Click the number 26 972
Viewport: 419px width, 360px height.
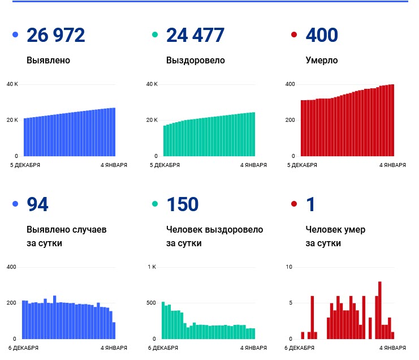(x=55, y=36)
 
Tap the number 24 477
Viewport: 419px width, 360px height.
(x=195, y=36)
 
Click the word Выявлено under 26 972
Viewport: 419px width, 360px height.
(x=48, y=60)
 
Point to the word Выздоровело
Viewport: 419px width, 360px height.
(x=195, y=60)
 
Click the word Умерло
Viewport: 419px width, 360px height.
(x=321, y=60)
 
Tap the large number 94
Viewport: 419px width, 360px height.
(x=37, y=204)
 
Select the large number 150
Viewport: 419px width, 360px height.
(x=182, y=204)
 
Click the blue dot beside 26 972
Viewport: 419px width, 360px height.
(x=15, y=36)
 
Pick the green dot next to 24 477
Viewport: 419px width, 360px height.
(x=155, y=36)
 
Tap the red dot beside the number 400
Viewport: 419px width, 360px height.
(x=293, y=36)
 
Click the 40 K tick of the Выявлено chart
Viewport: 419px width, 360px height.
(x=12, y=84)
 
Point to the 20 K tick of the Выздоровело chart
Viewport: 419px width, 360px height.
(x=152, y=120)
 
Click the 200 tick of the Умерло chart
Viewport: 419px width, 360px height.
(x=290, y=120)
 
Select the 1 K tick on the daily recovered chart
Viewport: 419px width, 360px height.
(x=152, y=267)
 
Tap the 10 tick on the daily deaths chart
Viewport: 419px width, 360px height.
(x=289, y=267)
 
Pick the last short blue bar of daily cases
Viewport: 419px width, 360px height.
(x=114, y=331)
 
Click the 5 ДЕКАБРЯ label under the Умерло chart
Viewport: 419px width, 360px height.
(x=303, y=165)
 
